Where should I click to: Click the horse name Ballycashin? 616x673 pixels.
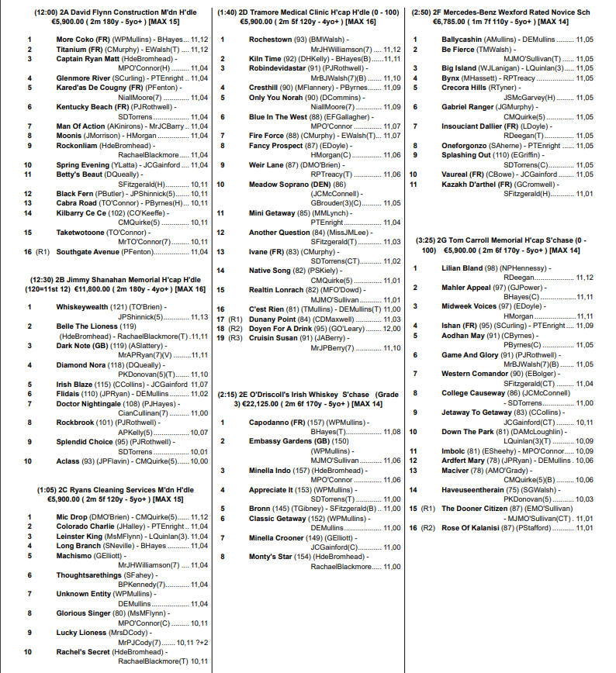462,39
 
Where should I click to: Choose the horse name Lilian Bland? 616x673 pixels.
462,268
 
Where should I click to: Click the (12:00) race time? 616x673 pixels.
47,12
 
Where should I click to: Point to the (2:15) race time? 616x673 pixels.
232,395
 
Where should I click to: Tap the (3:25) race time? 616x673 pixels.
430,240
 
